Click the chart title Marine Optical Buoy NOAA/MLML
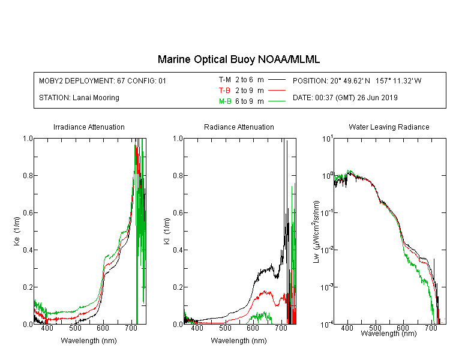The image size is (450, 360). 239,59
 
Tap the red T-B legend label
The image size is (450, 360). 224,91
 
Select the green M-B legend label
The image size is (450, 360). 225,101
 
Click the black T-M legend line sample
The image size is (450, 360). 277,80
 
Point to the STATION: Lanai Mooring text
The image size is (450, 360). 79,98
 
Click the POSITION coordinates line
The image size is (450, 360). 357,80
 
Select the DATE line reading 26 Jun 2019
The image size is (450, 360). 345,98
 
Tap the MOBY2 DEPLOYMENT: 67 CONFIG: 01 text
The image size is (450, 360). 103,80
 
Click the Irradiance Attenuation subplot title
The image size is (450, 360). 89,127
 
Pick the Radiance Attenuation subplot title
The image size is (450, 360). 239,127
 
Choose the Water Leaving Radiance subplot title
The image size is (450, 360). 389,127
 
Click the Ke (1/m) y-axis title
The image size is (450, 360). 17,231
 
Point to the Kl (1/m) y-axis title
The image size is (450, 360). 167,231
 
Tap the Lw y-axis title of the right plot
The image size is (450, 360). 316,232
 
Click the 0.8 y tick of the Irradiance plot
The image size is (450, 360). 28,175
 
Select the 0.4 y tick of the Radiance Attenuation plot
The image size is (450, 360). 178,250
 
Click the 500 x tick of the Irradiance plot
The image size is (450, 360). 75,328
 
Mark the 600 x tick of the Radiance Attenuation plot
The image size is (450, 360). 253,328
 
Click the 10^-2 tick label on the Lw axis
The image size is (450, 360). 327,250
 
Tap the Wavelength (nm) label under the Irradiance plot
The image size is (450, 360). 89,341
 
